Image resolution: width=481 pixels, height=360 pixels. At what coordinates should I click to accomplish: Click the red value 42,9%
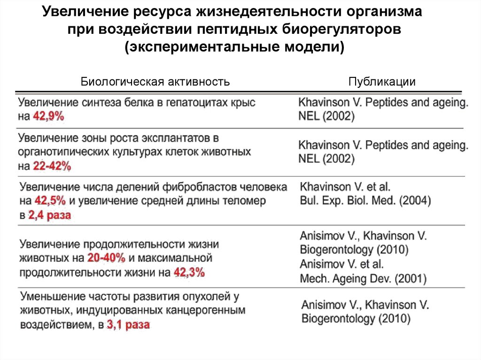48,117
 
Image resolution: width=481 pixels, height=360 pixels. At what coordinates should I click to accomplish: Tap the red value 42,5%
50,201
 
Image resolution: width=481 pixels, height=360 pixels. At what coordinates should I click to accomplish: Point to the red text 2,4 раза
49,215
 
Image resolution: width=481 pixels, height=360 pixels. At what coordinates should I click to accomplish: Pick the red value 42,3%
189,272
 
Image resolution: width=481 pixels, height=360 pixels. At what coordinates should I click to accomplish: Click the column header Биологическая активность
155,82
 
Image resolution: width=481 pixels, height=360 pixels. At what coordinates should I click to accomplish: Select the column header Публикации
382,82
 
